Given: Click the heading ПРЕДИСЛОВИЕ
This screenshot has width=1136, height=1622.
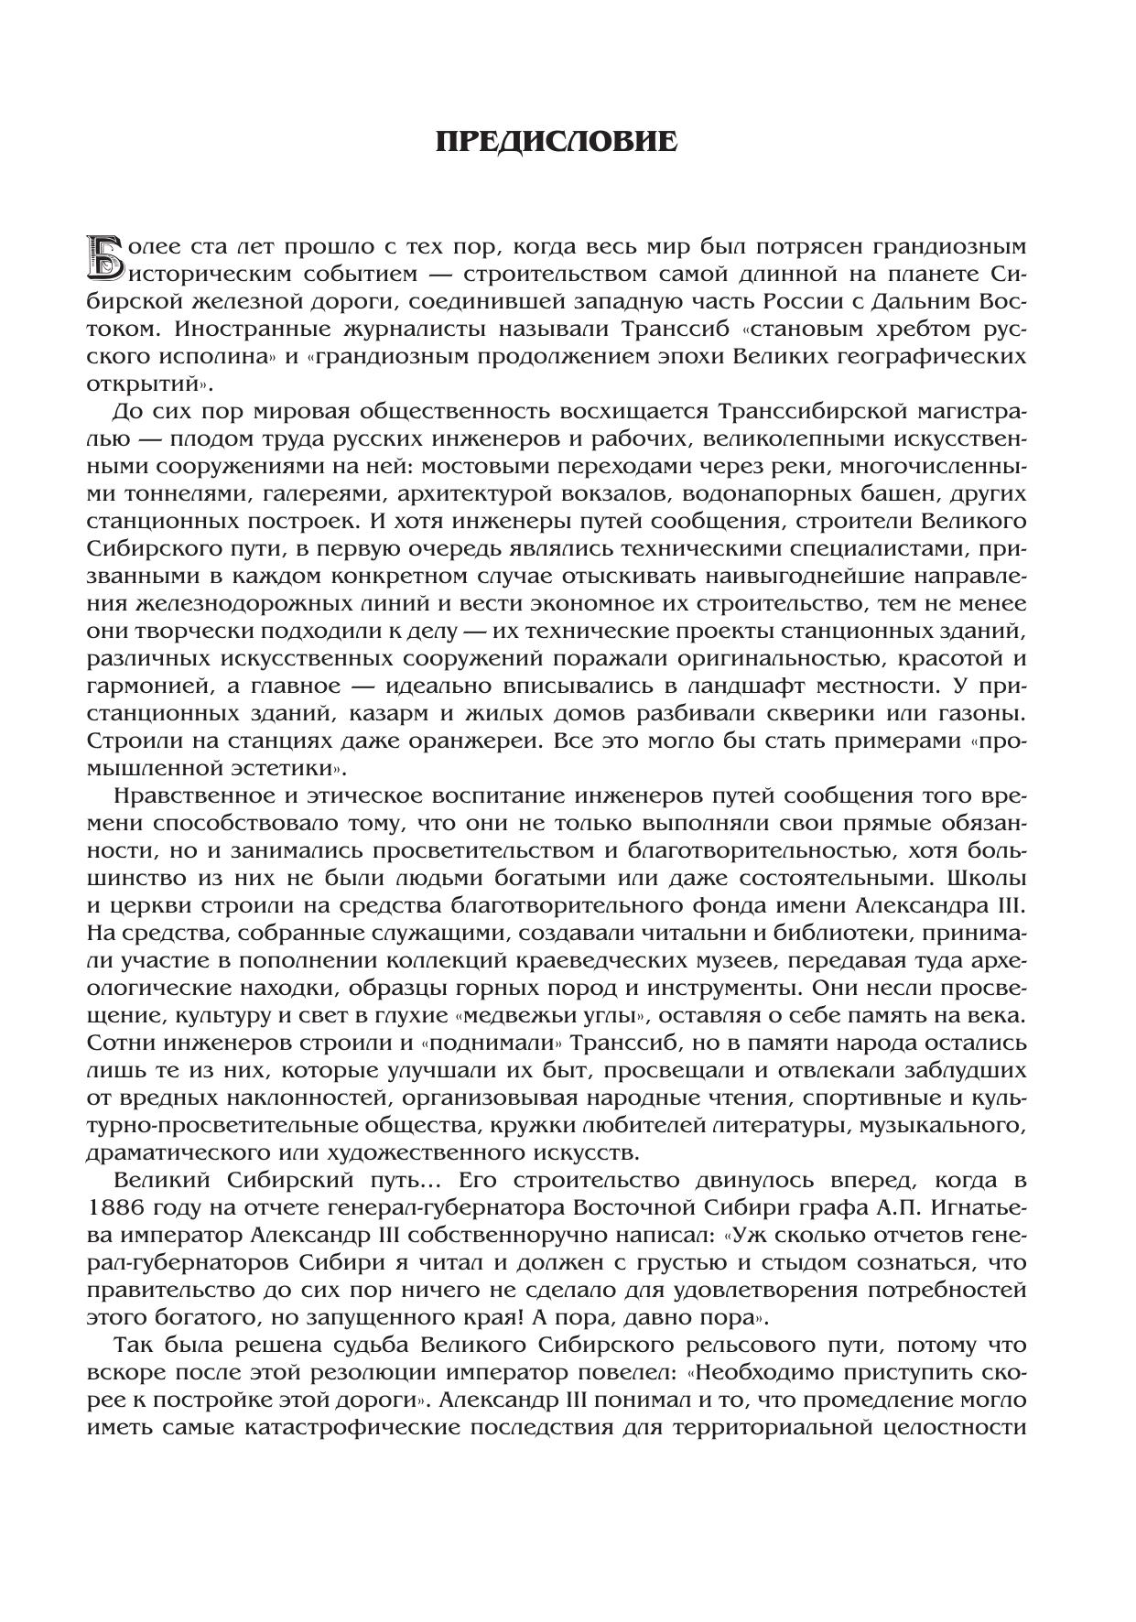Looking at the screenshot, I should pos(557,143).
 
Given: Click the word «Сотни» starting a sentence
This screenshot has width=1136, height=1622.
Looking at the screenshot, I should pos(119,1043).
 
